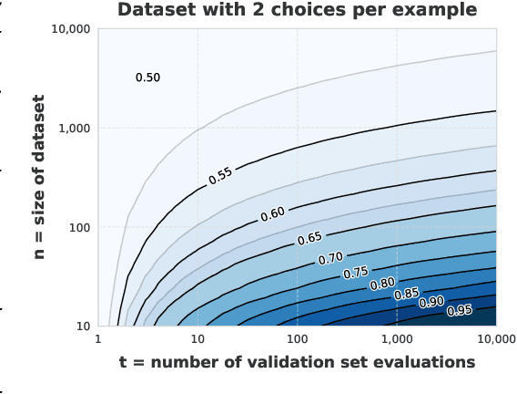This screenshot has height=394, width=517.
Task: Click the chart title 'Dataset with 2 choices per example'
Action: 297,10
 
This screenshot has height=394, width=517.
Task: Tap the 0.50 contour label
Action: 147,78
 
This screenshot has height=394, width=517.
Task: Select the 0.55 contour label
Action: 220,175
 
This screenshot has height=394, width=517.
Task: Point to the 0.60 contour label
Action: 272,214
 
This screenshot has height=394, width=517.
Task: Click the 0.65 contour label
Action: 309,239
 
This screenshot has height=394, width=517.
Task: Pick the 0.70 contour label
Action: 330,259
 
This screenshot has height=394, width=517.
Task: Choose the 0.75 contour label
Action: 355,273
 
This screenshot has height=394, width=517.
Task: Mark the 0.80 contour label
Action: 382,284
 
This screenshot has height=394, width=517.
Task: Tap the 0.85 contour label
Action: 406,294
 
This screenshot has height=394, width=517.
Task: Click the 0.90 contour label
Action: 431,302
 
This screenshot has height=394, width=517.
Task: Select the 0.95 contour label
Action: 460,311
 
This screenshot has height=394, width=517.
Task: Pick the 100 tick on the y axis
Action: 77,227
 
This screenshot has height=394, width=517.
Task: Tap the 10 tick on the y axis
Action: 81,326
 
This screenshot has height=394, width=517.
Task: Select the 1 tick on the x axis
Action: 98,339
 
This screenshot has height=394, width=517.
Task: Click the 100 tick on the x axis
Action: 297,339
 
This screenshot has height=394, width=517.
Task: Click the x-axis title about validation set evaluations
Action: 297,362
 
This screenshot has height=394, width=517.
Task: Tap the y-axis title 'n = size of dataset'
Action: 39,178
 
